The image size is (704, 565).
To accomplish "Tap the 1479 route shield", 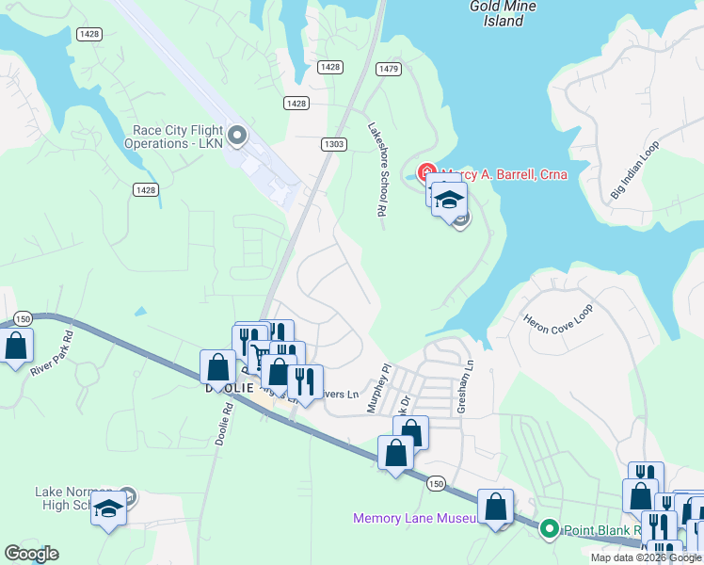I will point(388,69).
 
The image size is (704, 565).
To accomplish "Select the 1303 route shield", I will point(333,144).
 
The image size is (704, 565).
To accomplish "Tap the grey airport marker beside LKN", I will point(236,137).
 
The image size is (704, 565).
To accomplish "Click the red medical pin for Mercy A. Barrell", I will point(426,173).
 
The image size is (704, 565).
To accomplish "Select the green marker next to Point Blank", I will point(551,529).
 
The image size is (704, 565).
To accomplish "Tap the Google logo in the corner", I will point(31,554).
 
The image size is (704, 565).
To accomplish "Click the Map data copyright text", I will point(646,558).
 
